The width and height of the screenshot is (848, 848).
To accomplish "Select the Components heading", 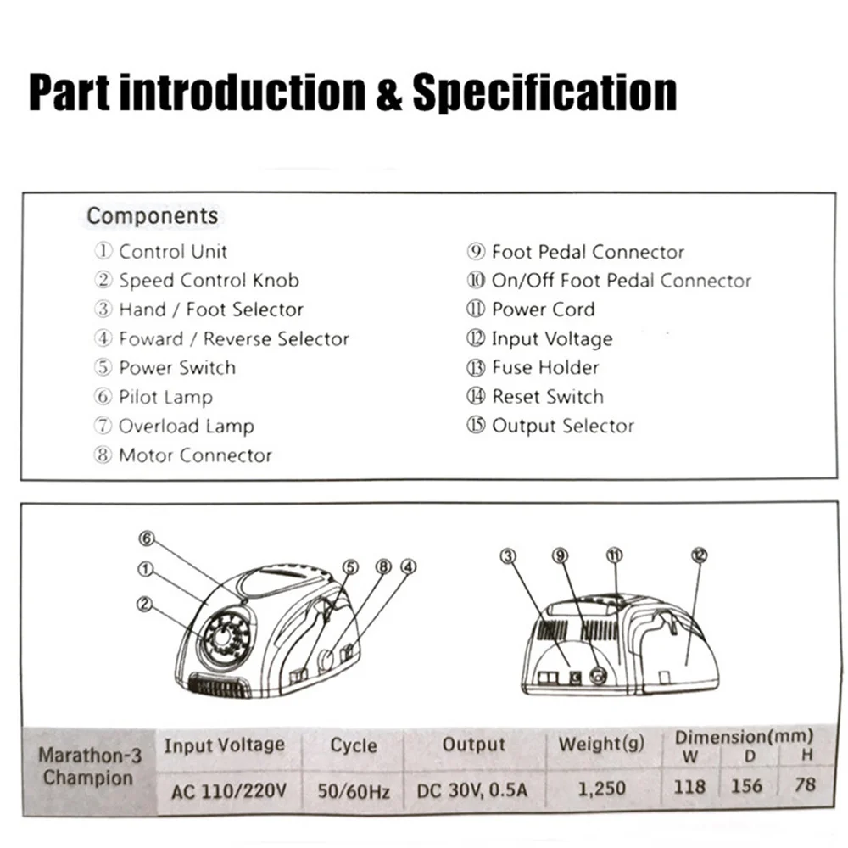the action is point(153,216).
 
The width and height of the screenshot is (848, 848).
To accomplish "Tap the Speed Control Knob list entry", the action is point(208,281).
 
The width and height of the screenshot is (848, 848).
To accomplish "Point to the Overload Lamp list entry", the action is point(185,427).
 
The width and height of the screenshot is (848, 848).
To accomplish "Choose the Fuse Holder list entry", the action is point(544,368).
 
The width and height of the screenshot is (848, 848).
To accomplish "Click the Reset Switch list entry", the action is point(547,397).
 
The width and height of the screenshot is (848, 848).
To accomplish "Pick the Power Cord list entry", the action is point(543,310).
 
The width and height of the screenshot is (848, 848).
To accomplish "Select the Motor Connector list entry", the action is point(194,455).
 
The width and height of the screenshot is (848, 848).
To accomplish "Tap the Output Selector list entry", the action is point(562,426).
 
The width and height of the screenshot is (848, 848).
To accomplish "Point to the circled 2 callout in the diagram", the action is point(143,604).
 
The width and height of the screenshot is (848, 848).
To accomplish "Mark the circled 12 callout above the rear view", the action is point(699,555).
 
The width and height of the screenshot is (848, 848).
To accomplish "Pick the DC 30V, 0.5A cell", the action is point(471,790).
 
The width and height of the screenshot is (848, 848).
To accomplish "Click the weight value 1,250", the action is point(601,789).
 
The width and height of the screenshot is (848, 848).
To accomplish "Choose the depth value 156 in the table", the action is point(747,785).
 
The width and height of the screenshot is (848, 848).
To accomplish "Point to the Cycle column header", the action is point(354,745).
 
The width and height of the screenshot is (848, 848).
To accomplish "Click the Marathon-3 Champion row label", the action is point(88,767).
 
